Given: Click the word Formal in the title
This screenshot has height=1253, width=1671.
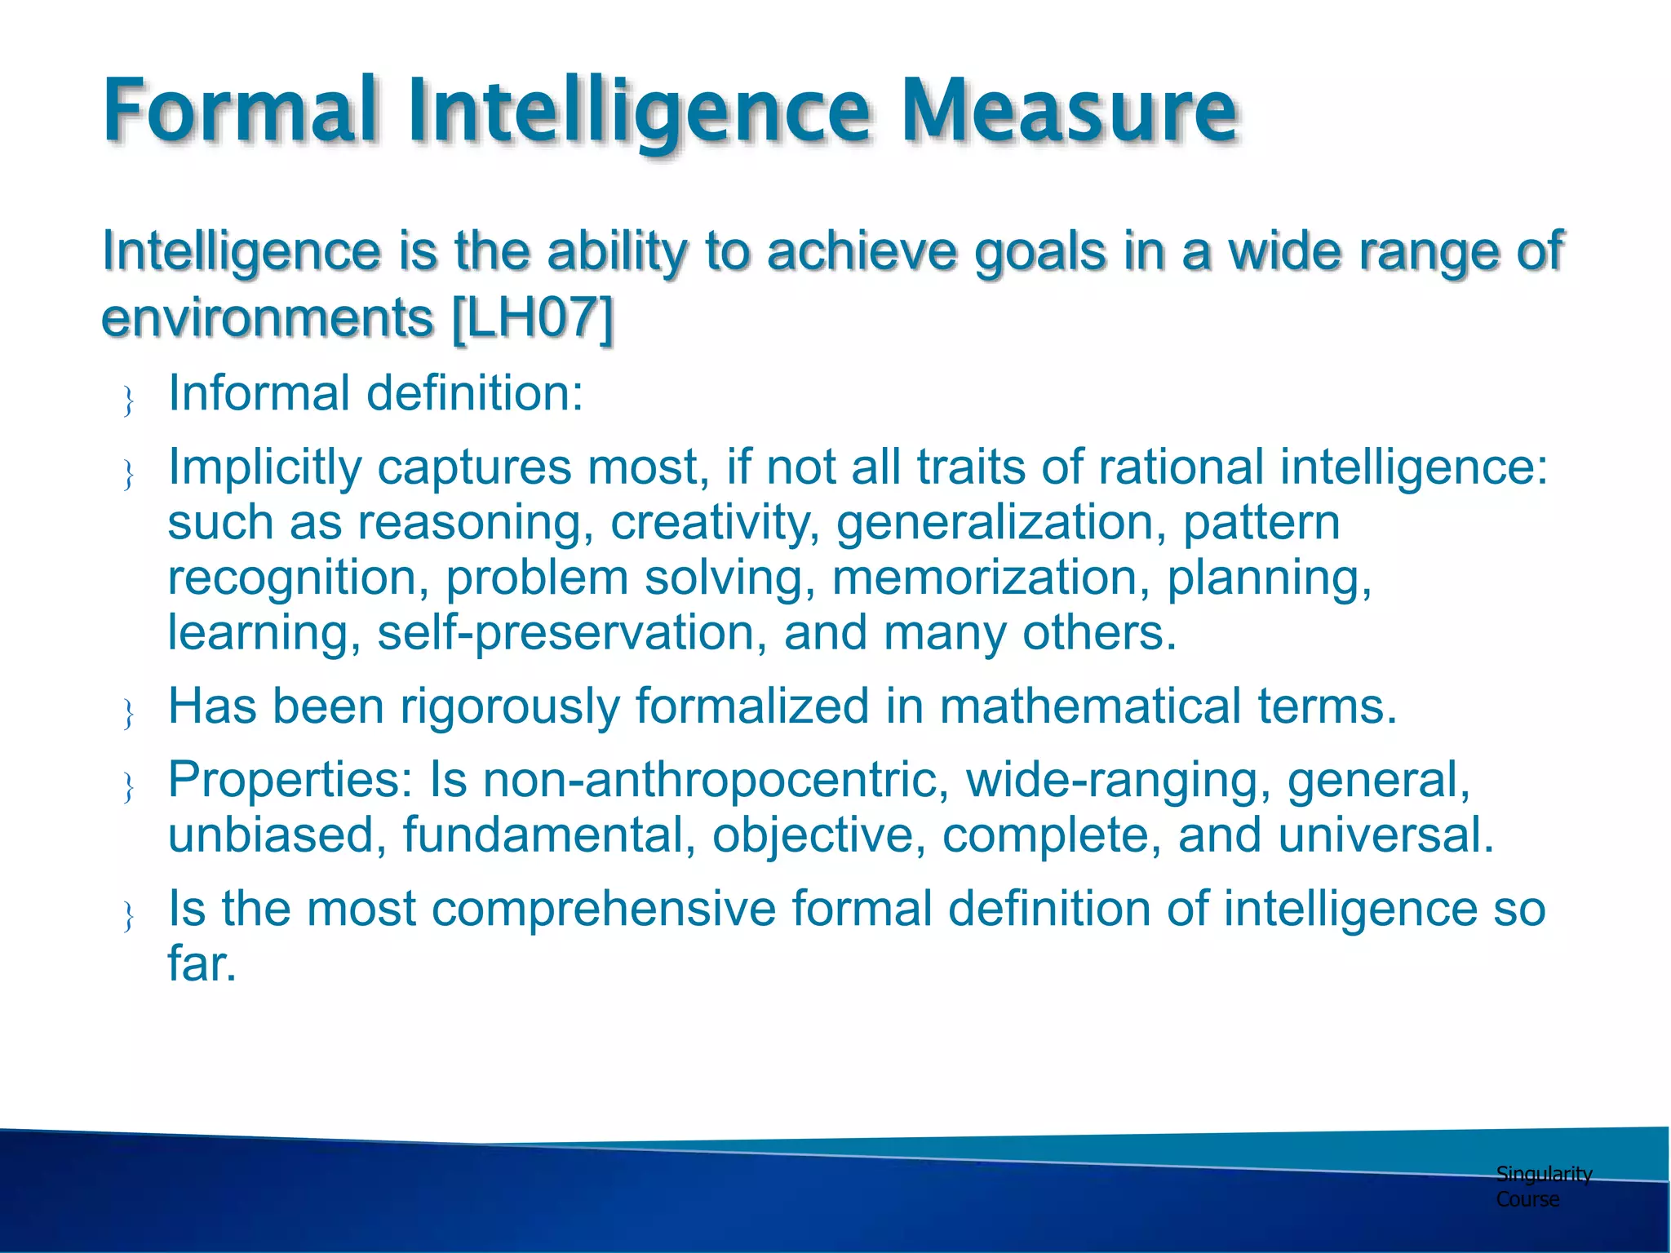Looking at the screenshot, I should pos(241,110).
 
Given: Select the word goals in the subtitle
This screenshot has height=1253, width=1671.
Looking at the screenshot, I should pos(1040,250).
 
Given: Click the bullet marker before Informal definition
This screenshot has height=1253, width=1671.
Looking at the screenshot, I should pos(128,401).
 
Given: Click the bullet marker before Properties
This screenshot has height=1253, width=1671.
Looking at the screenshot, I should pos(128,787).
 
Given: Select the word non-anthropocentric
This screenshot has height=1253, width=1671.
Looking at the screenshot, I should pos(716,780).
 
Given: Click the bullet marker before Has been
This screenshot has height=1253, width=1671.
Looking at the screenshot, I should pos(128,714).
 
